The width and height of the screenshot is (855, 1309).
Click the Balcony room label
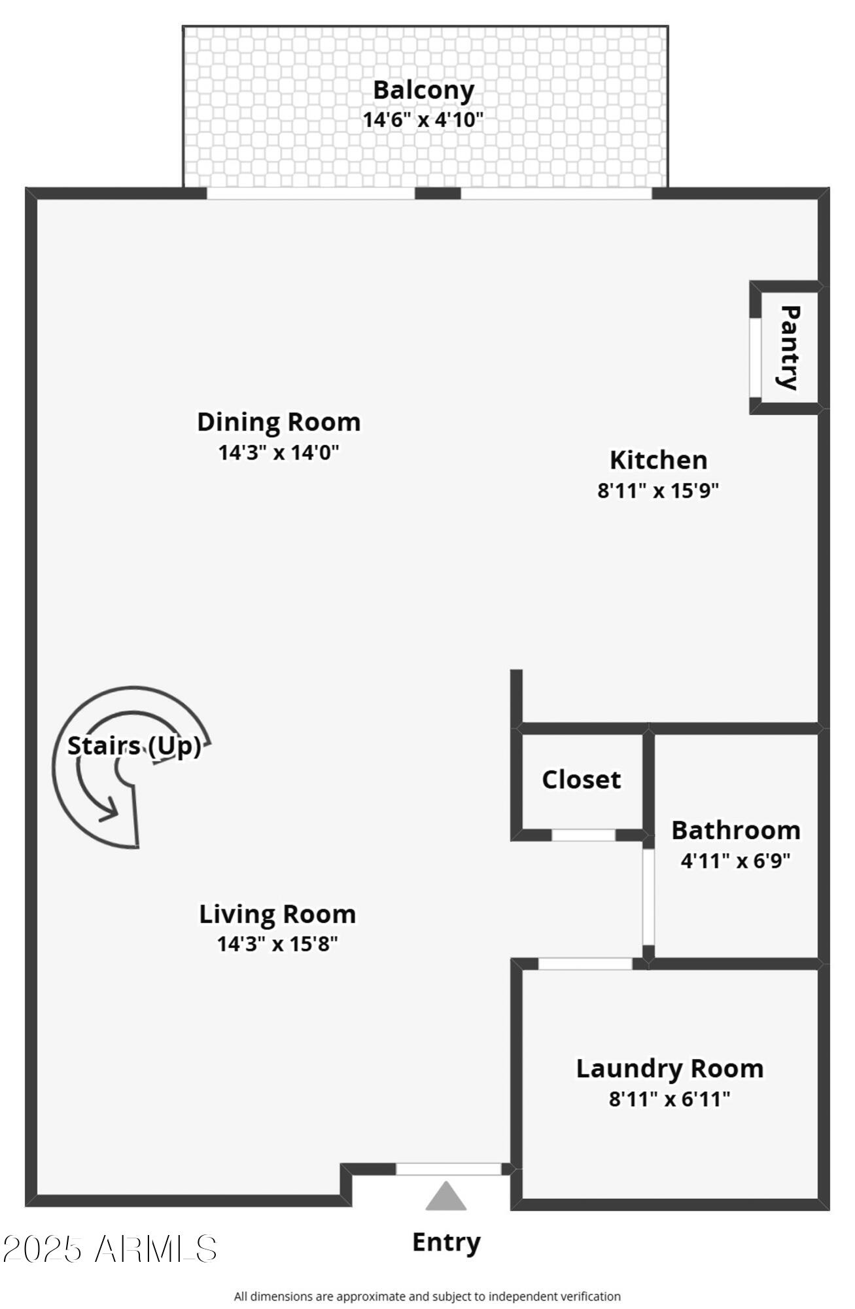[x=423, y=90]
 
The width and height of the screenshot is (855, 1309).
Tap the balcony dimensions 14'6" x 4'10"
[x=423, y=120]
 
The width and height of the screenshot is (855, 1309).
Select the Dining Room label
[x=279, y=421]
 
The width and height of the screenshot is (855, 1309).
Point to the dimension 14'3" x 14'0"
[x=279, y=452]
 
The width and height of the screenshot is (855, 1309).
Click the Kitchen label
[x=658, y=459]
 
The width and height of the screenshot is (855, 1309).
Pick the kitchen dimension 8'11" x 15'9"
[x=658, y=490]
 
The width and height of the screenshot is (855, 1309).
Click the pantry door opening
[x=755, y=357]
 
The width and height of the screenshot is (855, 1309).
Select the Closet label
[x=581, y=779]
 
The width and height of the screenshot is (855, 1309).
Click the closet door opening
[x=584, y=834]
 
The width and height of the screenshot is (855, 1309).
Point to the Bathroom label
[x=736, y=830]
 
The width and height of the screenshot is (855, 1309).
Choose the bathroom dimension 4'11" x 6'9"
[x=736, y=860]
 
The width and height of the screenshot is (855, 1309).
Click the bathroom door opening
[x=648, y=897]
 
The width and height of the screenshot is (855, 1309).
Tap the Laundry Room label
[x=670, y=1068]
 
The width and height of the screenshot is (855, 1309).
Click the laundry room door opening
[x=585, y=963]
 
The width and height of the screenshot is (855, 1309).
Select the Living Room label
[x=277, y=914]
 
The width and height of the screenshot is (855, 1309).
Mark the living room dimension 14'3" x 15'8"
[x=277, y=944]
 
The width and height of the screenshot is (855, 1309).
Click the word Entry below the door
[x=446, y=1242]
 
